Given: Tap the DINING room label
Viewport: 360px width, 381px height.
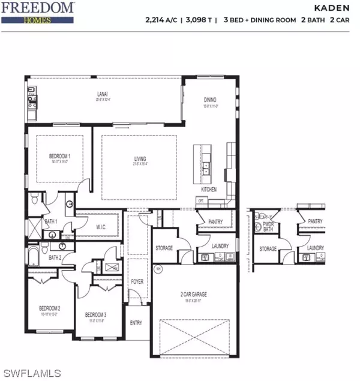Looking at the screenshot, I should click(x=209, y=100).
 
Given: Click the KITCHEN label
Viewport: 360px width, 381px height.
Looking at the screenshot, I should click(x=209, y=189).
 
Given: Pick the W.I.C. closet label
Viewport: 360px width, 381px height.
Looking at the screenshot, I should click(x=101, y=227).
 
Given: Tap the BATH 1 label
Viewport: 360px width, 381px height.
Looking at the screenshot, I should click(x=51, y=221).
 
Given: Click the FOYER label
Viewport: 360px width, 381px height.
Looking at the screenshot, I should click(x=137, y=280).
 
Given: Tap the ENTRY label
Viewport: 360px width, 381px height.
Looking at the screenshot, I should click(x=136, y=323).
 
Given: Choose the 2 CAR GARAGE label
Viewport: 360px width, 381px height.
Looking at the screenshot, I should click(x=194, y=293).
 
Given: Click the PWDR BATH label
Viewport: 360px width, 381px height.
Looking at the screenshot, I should click(x=268, y=226).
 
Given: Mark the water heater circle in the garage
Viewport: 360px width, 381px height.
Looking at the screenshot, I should click(x=158, y=268).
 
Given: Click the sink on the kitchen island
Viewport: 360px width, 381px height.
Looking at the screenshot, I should click(x=206, y=166).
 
